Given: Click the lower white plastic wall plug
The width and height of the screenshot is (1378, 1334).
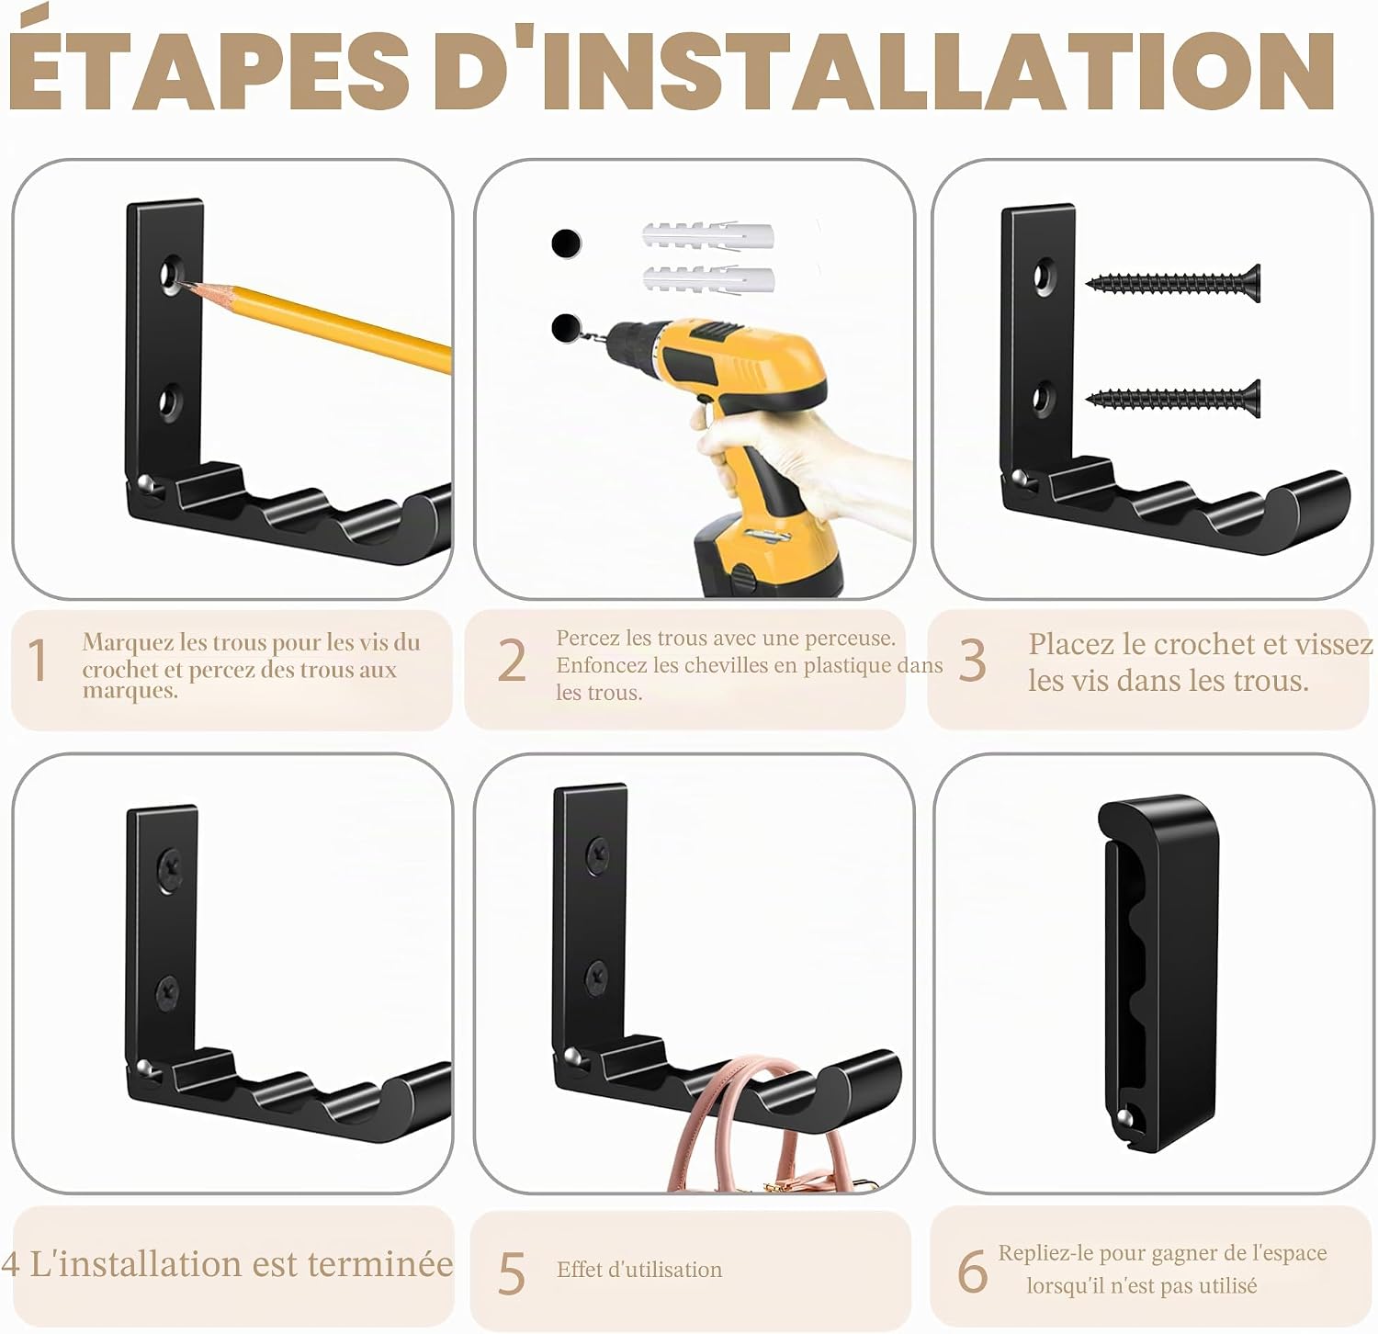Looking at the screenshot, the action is (707, 279).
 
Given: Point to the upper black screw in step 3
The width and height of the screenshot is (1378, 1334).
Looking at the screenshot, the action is (1173, 284).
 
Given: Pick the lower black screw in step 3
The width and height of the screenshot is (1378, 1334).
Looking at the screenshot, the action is (1173, 398).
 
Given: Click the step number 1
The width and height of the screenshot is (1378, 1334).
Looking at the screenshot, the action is (38, 661).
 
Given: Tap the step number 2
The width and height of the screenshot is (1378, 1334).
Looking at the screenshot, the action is (512, 661).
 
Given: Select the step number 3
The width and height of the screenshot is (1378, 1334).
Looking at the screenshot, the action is (972, 661).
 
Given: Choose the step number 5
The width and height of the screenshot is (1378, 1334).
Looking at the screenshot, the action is (512, 1273).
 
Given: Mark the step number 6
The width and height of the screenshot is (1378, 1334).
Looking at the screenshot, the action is (972, 1271).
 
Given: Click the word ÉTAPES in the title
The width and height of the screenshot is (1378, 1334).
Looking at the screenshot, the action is (209, 71).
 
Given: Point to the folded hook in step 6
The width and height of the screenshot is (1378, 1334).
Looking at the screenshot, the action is (1162, 972).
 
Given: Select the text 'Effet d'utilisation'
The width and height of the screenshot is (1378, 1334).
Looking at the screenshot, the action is (639, 1270).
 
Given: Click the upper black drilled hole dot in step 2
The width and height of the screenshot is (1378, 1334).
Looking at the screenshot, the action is (566, 243).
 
